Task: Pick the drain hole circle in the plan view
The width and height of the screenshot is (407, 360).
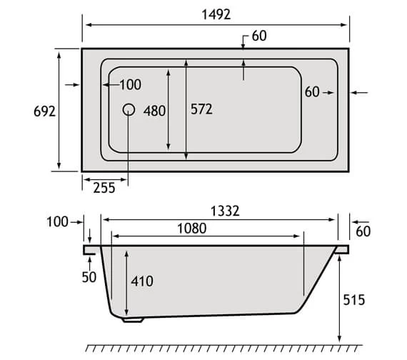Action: coord(129,109)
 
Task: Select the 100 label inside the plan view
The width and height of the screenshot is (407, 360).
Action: coord(130,85)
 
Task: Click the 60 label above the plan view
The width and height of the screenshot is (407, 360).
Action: coord(258,36)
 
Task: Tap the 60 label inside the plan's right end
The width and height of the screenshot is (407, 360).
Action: coord(312,92)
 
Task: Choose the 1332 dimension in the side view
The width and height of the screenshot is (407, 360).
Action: coord(223,211)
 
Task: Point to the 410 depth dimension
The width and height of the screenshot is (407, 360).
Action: coord(141,281)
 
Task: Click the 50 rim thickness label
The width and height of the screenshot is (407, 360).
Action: coord(89,276)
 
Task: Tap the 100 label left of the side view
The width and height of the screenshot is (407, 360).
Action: coord(58,222)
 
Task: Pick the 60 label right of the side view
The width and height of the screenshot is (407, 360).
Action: coord(363,230)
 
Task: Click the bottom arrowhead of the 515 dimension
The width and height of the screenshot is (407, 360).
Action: coord(338,339)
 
